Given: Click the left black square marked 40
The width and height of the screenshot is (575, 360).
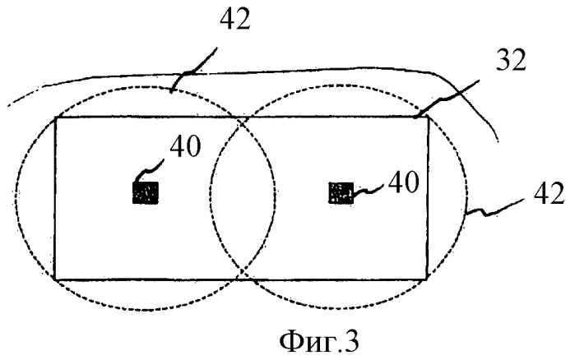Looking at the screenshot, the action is point(146,192).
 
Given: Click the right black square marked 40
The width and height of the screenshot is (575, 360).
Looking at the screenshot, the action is point(341,192).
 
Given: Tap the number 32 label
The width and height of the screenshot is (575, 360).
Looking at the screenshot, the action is point(511,60).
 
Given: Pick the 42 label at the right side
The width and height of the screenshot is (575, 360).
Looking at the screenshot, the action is point(549,194).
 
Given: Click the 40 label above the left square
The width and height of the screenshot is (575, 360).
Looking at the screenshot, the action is point(185,146).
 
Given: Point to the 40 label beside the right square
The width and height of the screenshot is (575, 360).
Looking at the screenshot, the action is point(403,182).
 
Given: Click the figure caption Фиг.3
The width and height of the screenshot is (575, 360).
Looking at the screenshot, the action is point(319,342).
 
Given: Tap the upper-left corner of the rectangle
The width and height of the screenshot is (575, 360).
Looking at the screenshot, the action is point(55,118).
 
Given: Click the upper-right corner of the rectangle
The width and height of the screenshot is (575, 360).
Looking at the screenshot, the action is point(428,117).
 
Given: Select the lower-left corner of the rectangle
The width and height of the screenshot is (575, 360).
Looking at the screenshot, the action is point(55,279).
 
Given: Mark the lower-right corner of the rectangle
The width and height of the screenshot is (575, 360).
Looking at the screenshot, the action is point(427,279).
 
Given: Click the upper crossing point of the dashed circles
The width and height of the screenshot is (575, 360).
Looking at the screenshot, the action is point(242,121).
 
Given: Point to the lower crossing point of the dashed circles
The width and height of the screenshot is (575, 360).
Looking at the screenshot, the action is point(242,273).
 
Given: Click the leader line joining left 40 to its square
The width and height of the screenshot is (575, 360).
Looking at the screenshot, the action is point(149,170).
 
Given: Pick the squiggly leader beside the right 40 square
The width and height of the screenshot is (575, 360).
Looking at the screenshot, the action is point(368,189).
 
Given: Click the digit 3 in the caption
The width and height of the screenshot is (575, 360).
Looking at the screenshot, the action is point(352,342).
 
